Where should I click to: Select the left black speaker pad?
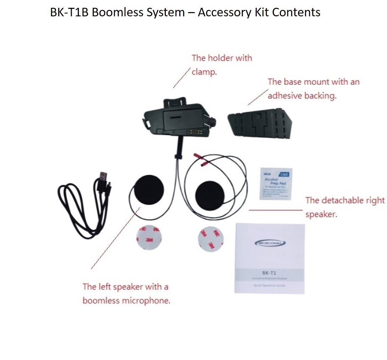point(147,192)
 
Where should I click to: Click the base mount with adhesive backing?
point(260,123)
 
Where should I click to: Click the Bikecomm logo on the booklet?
point(270,243)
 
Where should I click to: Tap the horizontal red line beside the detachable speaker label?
point(276,210)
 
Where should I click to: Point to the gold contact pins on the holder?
point(195,132)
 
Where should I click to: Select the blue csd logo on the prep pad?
point(284,174)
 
